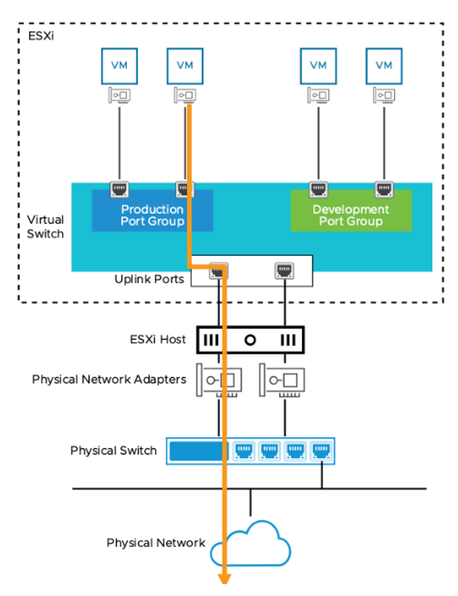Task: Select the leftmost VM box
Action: tap(119, 65)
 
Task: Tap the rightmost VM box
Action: tap(384, 65)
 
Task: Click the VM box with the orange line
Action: tap(184, 65)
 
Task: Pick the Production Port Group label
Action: tap(152, 215)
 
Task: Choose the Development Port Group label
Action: tap(351, 215)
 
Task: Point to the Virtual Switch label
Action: tap(45, 227)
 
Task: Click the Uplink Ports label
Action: tap(148, 279)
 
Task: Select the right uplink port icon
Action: tap(283, 269)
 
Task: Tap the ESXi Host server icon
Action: tap(249, 340)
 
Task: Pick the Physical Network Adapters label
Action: tap(109, 379)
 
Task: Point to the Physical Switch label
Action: tap(113, 450)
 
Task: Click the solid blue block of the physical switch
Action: tap(198, 450)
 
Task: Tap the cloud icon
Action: tap(251, 543)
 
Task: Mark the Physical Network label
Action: tap(156, 542)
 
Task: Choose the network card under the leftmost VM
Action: tap(118, 96)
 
